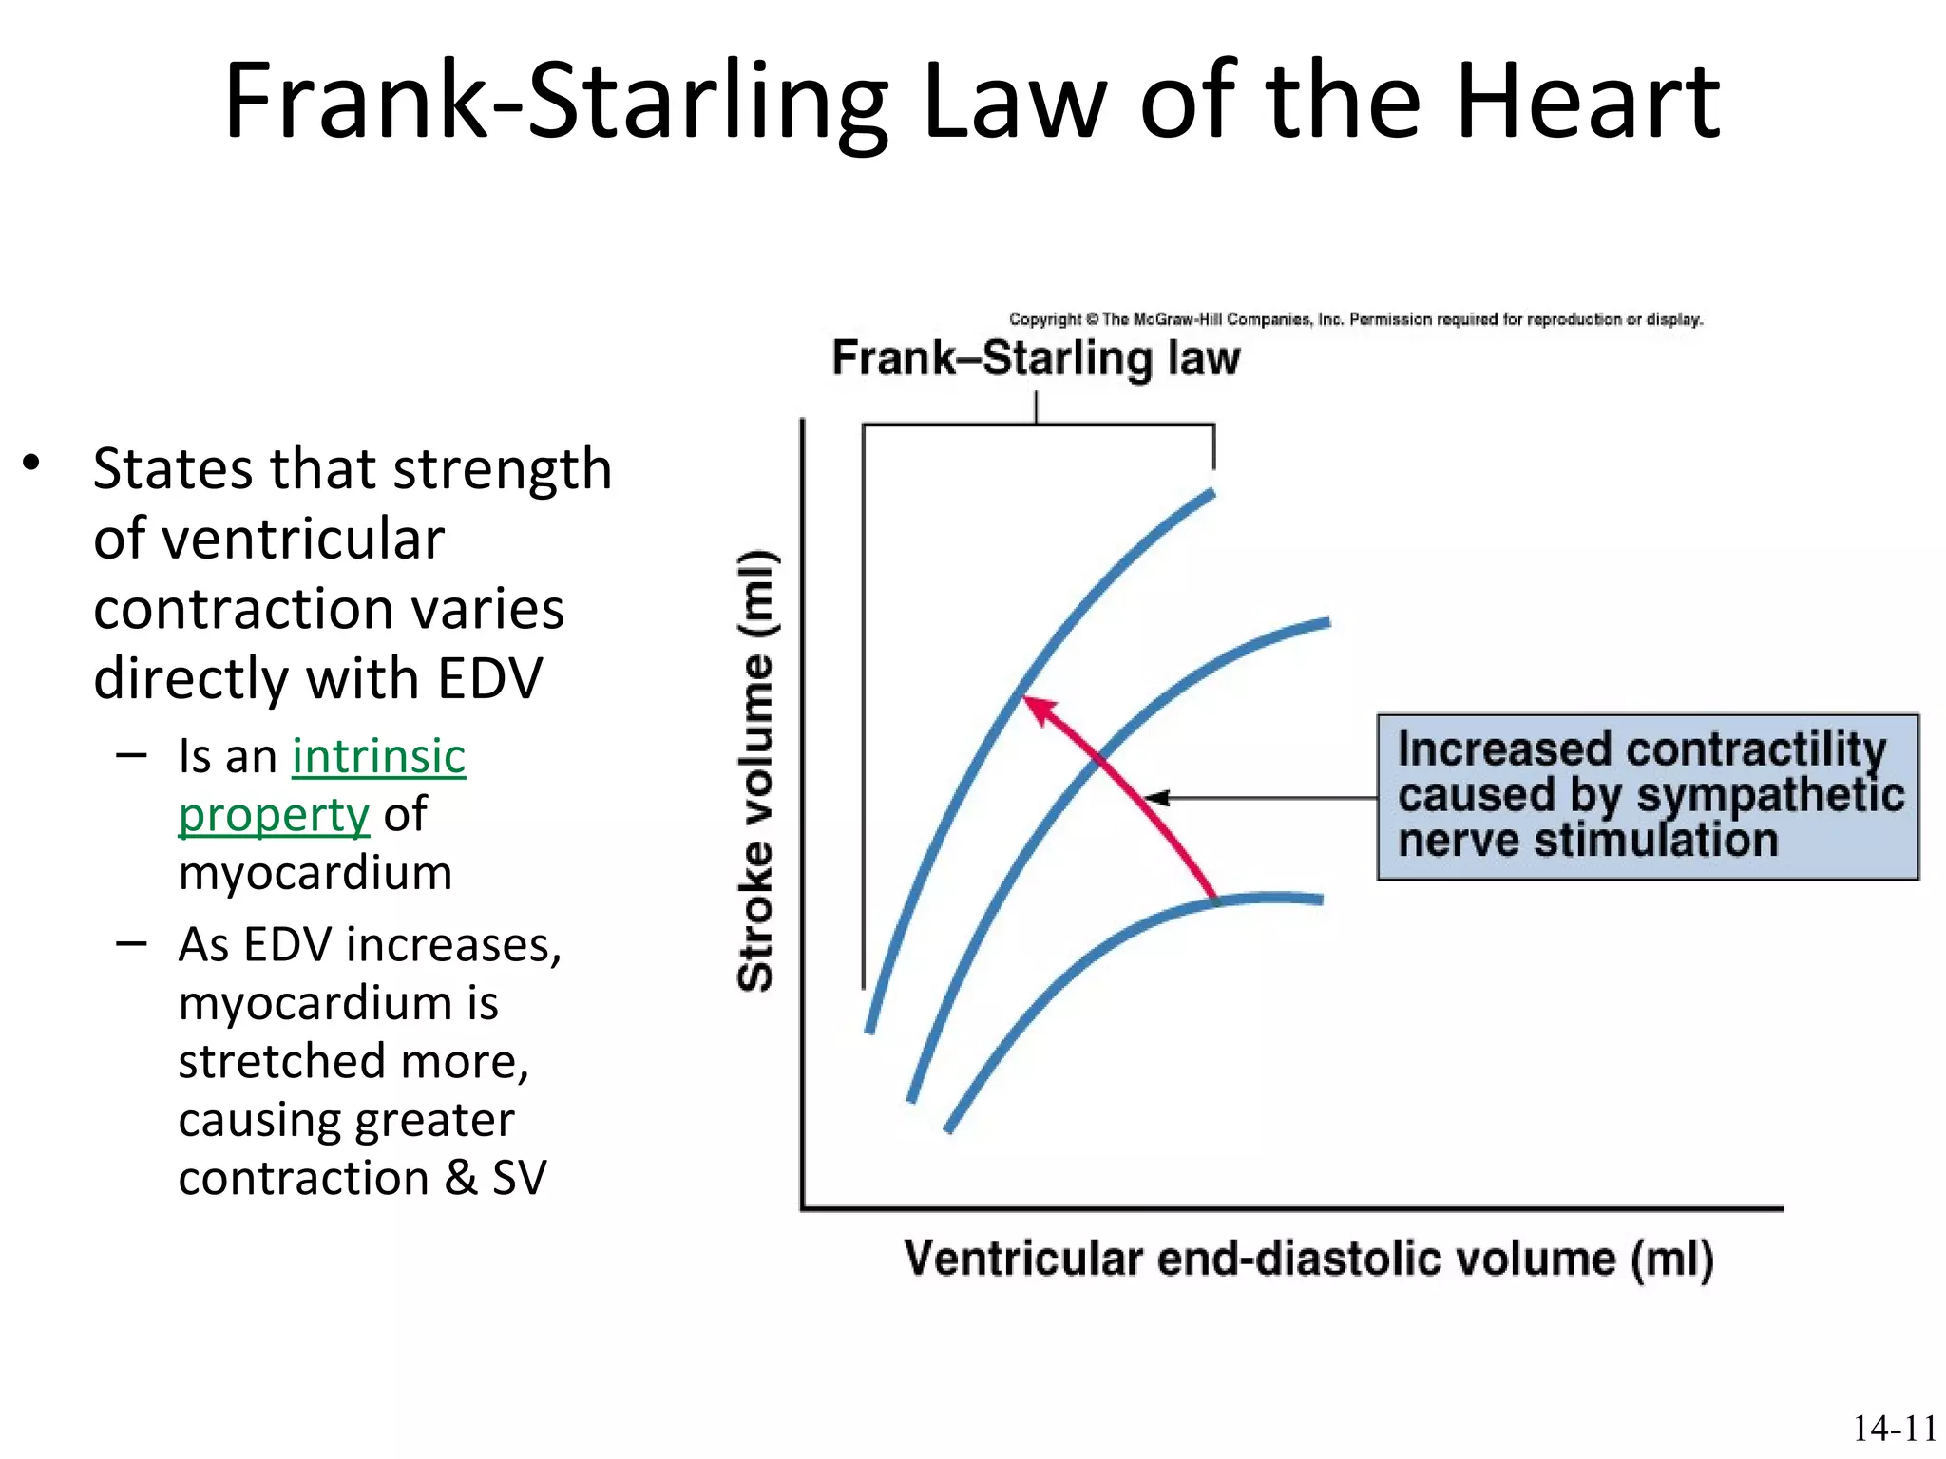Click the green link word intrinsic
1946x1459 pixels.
point(378,757)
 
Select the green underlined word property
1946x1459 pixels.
point(274,815)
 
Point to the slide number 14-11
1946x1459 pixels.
point(1894,1429)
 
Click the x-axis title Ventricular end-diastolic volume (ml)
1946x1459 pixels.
point(1308,1259)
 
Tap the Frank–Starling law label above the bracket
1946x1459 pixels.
point(1036,359)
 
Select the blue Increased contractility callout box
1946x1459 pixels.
point(1648,797)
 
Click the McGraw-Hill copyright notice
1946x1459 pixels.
point(1355,319)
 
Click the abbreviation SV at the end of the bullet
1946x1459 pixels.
point(519,1178)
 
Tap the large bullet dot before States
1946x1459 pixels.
point(32,464)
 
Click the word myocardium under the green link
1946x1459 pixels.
point(315,873)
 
